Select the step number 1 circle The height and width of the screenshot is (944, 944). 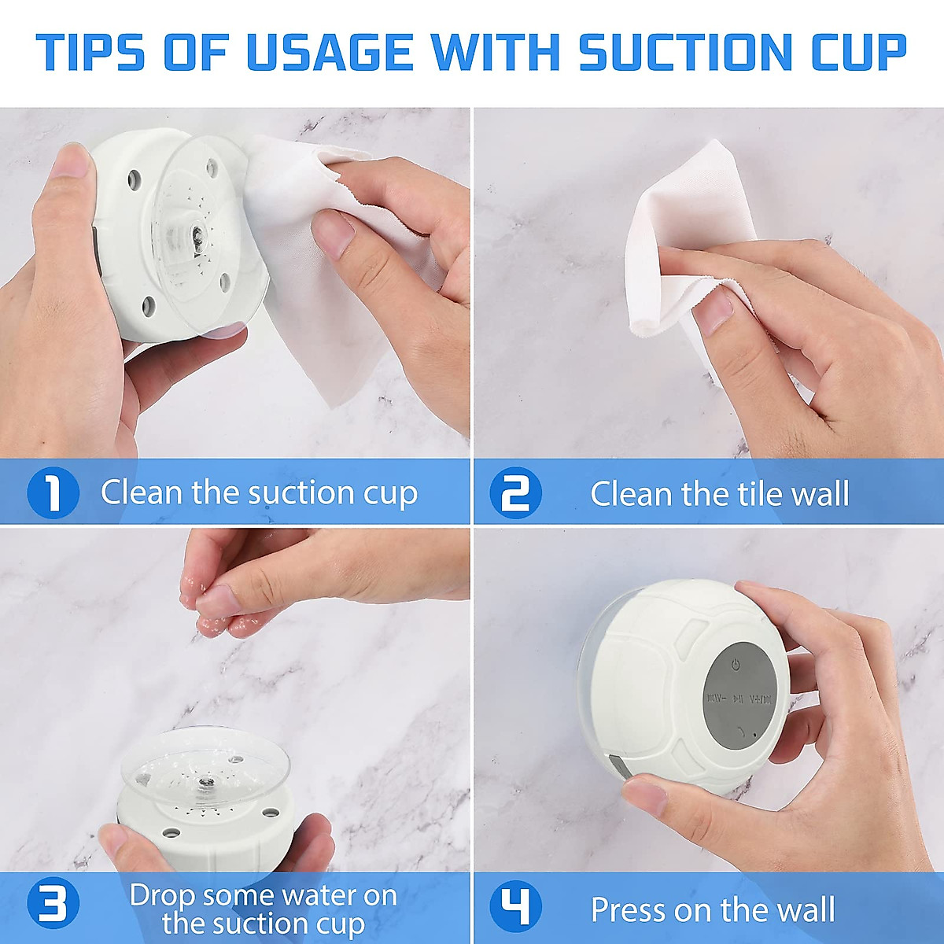pos(53,493)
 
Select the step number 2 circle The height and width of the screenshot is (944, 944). pos(515,493)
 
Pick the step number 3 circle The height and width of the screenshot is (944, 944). pos(53,905)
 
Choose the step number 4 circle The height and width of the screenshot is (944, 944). pos(515,905)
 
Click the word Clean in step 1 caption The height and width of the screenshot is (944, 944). pos(142,492)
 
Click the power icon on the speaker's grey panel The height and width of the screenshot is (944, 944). pos(736,666)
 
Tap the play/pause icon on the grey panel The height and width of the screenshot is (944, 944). pos(738,698)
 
